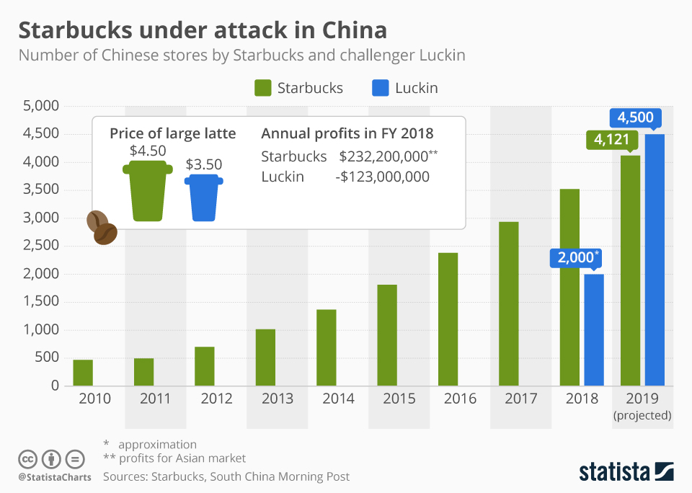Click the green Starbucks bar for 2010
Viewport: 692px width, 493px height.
pyautogui.click(x=83, y=372)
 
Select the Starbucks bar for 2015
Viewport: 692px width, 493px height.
pyautogui.click(x=387, y=335)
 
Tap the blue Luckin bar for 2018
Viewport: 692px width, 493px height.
pyautogui.click(x=594, y=329)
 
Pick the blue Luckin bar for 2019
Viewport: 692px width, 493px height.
pyautogui.click(x=655, y=259)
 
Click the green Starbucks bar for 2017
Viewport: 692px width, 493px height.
pyautogui.click(x=509, y=303)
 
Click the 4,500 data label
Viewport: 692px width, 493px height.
pyautogui.click(x=635, y=116)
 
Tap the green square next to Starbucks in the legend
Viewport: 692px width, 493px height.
pyautogui.click(x=262, y=88)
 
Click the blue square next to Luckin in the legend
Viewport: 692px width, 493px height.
pyautogui.click(x=380, y=88)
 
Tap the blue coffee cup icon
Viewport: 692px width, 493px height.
pyautogui.click(x=203, y=197)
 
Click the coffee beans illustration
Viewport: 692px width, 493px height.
pyautogui.click(x=102, y=228)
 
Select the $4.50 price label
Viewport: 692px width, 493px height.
pyautogui.click(x=148, y=151)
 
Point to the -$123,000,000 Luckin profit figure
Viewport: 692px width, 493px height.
pyautogui.click(x=383, y=177)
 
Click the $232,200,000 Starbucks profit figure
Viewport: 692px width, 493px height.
pyautogui.click(x=384, y=156)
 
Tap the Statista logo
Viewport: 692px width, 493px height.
pyautogui.click(x=626, y=472)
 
